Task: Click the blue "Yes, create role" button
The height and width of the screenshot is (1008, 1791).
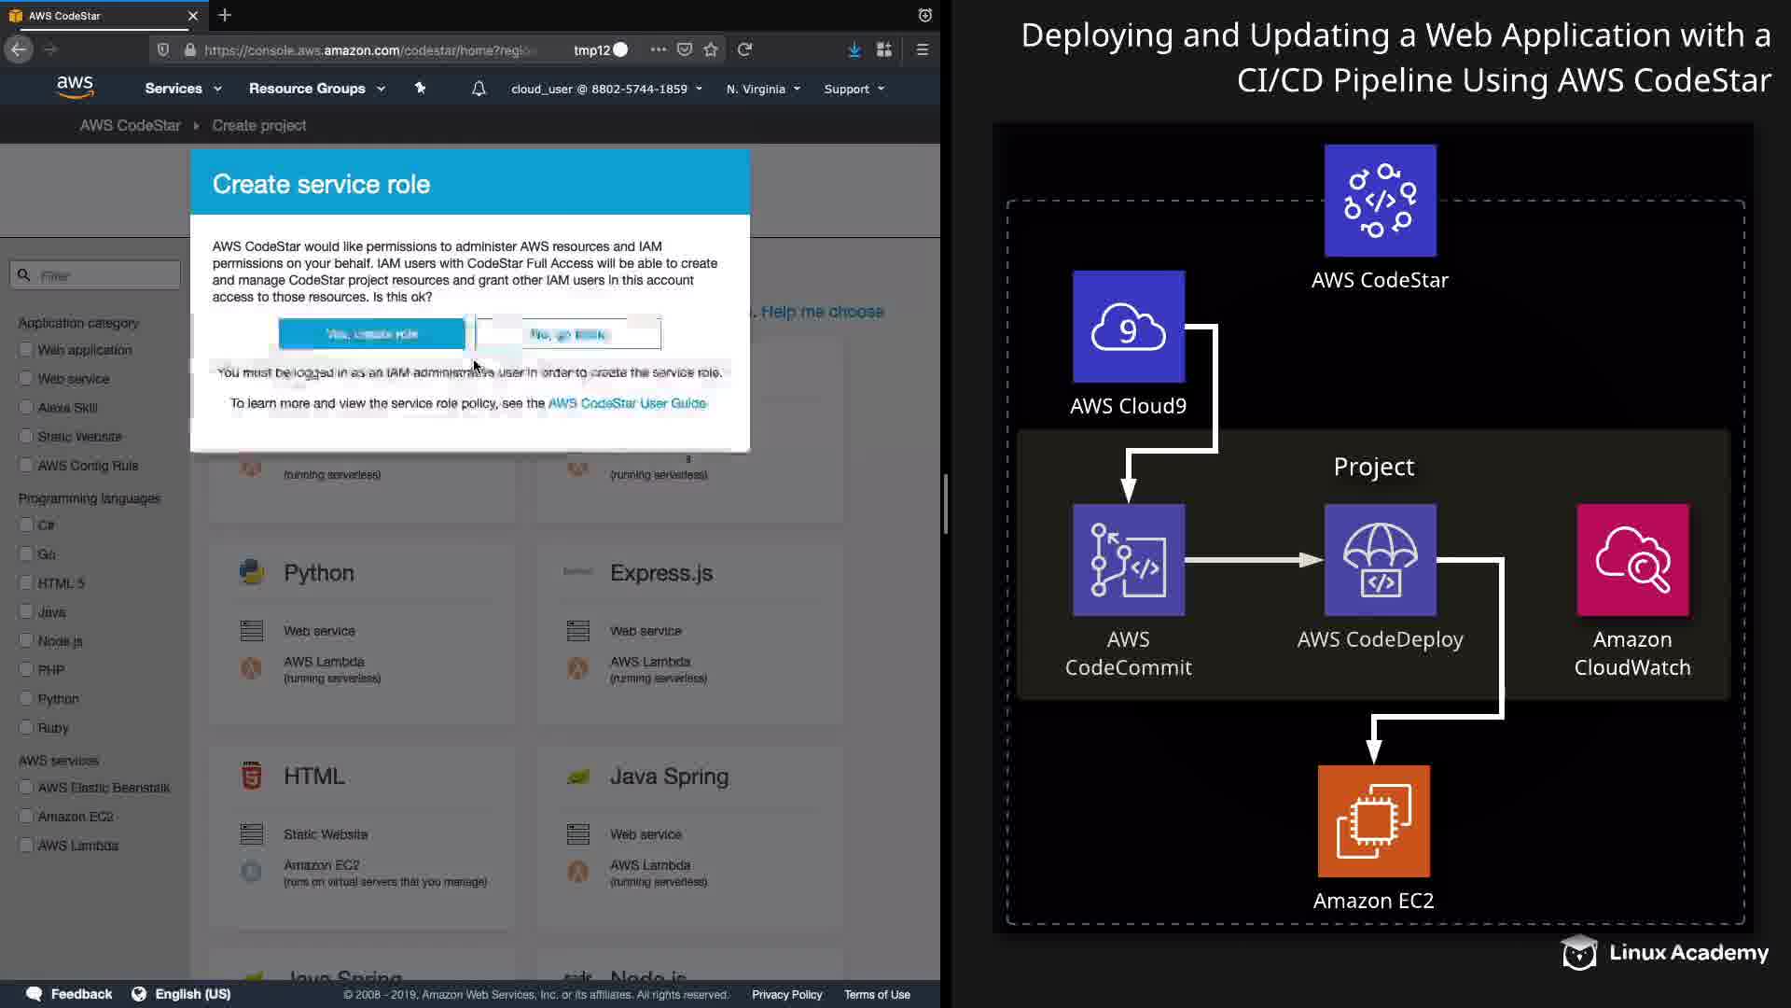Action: tap(371, 333)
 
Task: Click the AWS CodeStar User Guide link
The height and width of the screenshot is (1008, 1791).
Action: tap(627, 403)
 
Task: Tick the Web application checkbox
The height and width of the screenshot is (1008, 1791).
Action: tap(26, 350)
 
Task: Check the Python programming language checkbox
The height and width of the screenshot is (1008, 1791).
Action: tap(26, 698)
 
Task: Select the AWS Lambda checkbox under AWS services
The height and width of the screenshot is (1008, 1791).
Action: tap(26, 845)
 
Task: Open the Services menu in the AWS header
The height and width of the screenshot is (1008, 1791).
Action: tap(182, 89)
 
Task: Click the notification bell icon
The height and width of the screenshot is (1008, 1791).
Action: tap(479, 89)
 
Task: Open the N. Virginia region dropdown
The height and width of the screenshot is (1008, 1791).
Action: tap(763, 89)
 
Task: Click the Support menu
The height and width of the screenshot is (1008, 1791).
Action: tap(854, 89)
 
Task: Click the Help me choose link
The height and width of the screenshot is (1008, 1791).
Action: tap(822, 312)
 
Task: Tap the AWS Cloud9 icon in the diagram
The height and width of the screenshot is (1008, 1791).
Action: tap(1129, 327)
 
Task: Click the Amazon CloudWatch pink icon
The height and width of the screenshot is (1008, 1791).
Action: tap(1632, 560)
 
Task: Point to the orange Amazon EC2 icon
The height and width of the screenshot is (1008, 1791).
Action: tap(1373, 821)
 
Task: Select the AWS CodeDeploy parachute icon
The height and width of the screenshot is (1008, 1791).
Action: tap(1380, 560)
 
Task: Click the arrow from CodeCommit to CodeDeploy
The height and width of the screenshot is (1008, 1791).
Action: tap(1254, 560)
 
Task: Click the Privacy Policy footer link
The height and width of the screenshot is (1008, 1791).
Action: tap(786, 994)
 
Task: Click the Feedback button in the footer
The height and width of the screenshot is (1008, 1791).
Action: tap(70, 994)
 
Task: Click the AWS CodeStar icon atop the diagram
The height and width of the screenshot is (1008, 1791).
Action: tap(1380, 201)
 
